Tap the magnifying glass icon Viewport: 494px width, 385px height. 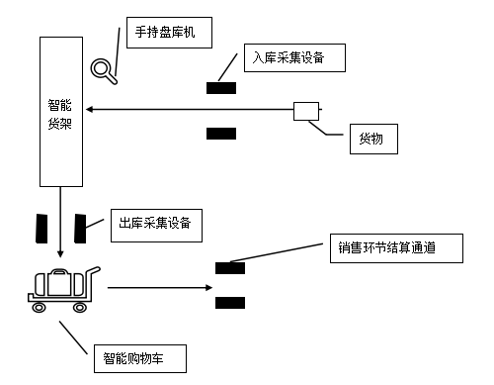pos(101,69)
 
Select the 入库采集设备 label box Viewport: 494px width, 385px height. pos(295,58)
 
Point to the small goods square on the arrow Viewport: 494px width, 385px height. pos(306,111)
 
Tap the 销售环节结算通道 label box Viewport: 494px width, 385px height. pos(395,247)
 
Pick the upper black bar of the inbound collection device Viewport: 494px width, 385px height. pos(220,88)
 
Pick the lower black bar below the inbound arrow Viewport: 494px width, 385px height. pos(220,133)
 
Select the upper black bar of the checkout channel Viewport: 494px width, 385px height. pos(229,266)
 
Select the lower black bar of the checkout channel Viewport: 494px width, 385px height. pos(229,302)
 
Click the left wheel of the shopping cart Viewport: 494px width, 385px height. pos(40,307)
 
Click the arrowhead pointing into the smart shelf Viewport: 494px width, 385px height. pos(89,110)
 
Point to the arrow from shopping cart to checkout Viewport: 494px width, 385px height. pos(158,288)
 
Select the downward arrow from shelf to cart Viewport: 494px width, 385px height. pos(60,223)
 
